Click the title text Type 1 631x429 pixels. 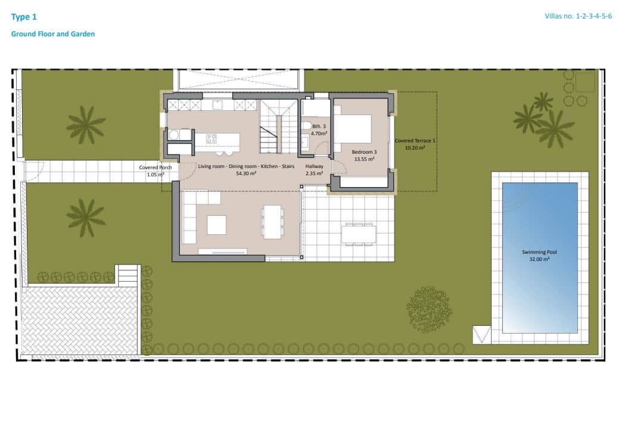point(24,17)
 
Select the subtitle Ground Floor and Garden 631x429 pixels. point(53,34)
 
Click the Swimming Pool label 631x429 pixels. point(540,252)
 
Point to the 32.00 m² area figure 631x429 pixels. point(540,259)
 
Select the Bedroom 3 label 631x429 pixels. point(363,152)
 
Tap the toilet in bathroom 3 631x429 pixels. point(306,126)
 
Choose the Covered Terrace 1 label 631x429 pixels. point(415,141)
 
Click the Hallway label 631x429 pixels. point(314,166)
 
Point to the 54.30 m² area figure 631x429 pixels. point(245,173)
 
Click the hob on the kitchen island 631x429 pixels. point(212,139)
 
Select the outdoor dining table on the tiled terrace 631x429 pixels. point(359,234)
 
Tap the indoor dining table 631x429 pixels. point(272,222)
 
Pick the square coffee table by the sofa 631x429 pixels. point(217,225)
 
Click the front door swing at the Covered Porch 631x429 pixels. point(187,170)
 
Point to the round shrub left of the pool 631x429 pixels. point(429,309)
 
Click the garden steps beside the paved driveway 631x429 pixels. point(128,275)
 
